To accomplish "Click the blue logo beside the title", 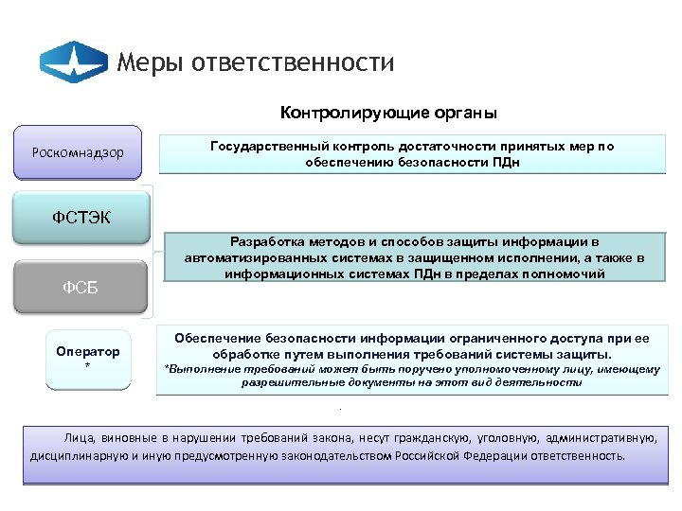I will pos(73,62).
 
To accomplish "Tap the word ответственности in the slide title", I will pos(292,63).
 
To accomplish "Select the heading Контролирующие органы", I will pos(388,114).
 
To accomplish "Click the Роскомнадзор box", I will pos(84,152).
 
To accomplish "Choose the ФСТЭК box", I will pos(81,219).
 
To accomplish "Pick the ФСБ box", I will pos(81,287).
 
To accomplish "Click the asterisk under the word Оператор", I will pos(87,366).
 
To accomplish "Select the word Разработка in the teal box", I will pos(271,241).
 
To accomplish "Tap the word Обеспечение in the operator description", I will pos(216,338).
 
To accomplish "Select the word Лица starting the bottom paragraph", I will pos(79,438).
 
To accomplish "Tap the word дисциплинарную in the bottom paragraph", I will pos(72,454).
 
